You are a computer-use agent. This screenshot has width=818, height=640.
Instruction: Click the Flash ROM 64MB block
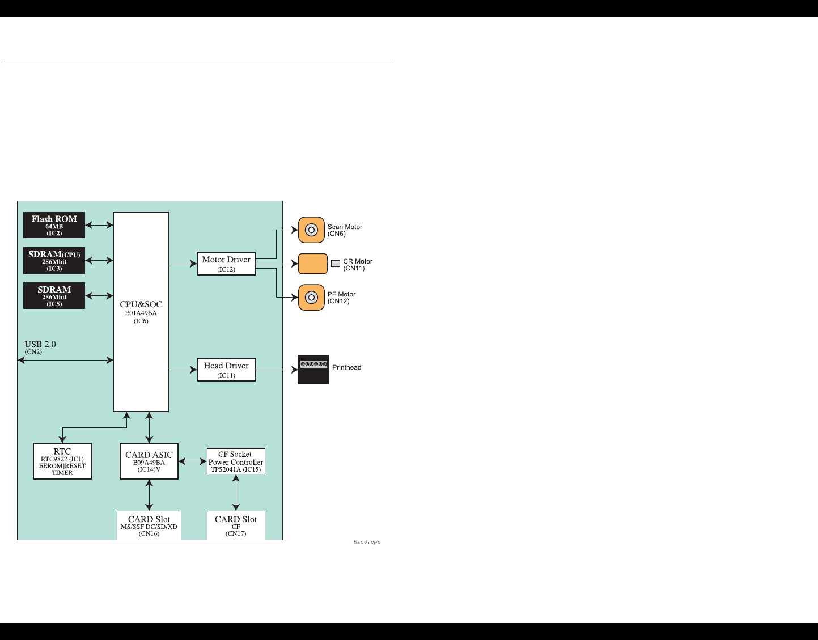tap(54, 225)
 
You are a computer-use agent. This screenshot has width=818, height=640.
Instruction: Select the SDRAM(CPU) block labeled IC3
tap(54, 260)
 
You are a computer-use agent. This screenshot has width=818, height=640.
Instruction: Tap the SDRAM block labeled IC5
tap(54, 295)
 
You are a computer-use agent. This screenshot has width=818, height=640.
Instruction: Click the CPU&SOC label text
tap(141, 304)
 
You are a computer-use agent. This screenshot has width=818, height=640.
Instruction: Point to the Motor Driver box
tap(226, 264)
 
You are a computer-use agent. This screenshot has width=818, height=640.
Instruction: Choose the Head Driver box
tap(226, 370)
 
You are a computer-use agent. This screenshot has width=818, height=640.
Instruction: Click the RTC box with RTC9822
tap(62, 461)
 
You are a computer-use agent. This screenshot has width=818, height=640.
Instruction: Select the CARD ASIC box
tap(149, 461)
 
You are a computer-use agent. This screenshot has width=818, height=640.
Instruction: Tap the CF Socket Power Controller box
tap(236, 461)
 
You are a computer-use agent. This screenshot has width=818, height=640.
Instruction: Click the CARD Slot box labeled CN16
tap(149, 525)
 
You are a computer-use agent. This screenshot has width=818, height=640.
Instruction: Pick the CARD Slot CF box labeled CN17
tap(236, 525)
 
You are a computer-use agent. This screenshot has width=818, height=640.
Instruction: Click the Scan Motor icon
tap(311, 230)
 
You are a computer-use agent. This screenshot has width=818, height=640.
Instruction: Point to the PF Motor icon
tap(311, 298)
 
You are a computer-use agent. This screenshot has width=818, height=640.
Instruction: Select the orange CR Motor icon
tap(313, 264)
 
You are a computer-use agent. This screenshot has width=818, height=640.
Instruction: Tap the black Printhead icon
tap(313, 370)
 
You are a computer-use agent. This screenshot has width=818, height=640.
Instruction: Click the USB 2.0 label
tap(40, 345)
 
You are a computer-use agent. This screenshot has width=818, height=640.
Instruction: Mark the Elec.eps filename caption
tap(367, 542)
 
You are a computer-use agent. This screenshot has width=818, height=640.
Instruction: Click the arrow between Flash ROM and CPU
tap(99, 225)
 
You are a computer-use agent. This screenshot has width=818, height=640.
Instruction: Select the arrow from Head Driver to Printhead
tap(277, 370)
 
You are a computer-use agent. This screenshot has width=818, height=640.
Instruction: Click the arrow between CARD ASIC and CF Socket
tap(193, 461)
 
